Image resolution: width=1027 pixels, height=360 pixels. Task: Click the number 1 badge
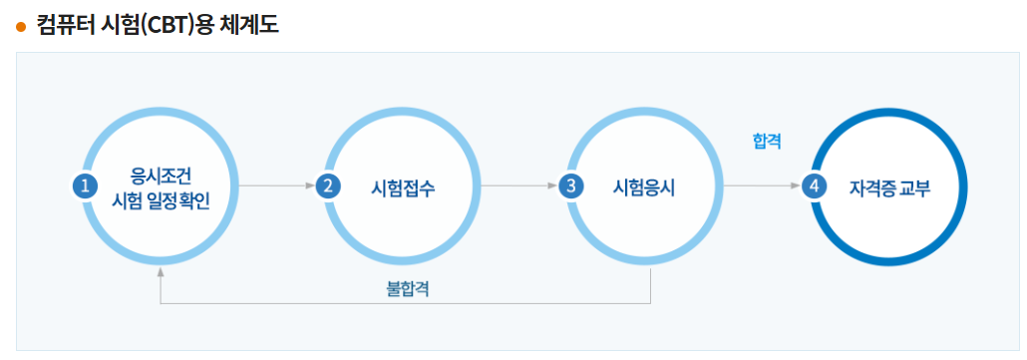[86, 185]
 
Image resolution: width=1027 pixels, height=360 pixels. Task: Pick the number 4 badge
[814, 185]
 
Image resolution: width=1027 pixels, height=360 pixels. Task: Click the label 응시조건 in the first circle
[160, 173]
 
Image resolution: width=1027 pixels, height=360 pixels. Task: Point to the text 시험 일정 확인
[160, 198]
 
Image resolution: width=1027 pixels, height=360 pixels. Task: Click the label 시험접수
[403, 186]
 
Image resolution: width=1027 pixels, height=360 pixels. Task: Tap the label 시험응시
[644, 186]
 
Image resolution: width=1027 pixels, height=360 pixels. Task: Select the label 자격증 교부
[889, 186]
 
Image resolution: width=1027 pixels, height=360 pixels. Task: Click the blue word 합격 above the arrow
[767, 142]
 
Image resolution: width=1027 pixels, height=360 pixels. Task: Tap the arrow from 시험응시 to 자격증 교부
[763, 185]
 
